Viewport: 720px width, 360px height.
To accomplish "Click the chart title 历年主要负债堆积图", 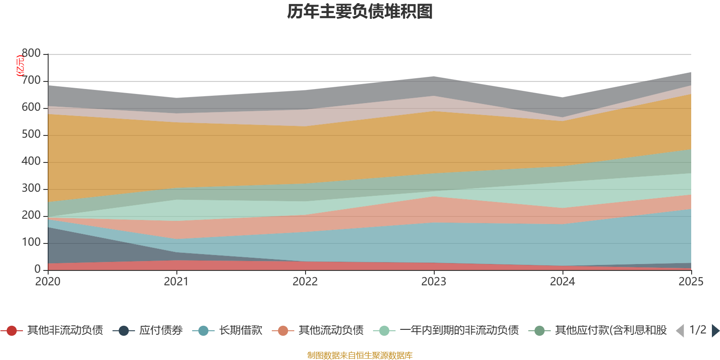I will point(360,12).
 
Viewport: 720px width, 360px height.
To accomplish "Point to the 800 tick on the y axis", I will point(31,54).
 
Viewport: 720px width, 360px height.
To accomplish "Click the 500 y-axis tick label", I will point(31,135).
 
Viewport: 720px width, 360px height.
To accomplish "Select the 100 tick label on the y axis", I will point(31,243).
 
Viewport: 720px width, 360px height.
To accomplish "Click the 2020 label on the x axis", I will point(48,282).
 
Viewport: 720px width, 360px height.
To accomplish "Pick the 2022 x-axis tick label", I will point(305,282).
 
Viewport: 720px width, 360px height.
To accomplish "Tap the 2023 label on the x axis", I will point(434,282).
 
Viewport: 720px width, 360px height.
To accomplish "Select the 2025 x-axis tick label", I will point(691,282).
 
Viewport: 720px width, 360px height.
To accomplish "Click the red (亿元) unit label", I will point(20,66).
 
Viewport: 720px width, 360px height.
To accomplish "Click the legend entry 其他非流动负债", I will point(65,330).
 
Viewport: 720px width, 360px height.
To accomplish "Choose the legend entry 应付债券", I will point(161,330).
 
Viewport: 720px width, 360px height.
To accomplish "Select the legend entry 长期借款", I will point(240,330).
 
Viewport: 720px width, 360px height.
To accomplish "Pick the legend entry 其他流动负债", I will point(331,330).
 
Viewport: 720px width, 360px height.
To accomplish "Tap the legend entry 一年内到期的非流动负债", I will point(459,330).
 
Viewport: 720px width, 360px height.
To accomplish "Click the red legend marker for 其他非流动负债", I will point(12,331).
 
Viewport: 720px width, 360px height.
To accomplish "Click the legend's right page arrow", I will point(715,331).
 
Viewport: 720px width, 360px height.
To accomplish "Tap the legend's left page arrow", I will point(680,331).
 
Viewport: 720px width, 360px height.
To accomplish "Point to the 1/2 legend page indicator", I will point(697,330).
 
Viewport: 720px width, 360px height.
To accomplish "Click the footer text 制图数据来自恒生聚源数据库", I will point(360,355).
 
